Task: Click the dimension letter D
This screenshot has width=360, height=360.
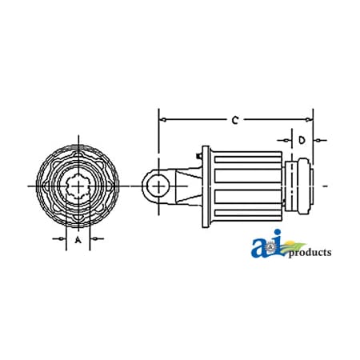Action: (302, 140)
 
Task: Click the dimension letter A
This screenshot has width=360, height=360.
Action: (78, 239)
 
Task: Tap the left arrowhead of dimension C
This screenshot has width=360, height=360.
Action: (164, 120)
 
